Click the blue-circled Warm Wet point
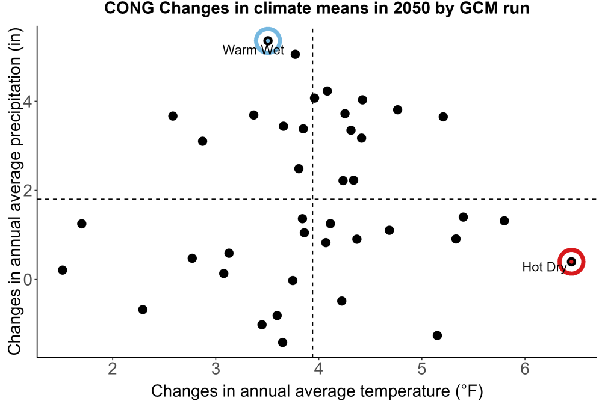point(268,41)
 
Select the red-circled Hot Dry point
point(571,262)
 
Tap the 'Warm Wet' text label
point(253,50)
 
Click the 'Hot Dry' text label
point(544,267)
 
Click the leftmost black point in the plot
point(63,270)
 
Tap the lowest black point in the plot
point(282,342)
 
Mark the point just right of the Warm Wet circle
point(295,54)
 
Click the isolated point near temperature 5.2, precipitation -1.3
point(437,335)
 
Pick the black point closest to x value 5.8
point(504,221)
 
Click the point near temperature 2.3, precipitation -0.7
point(143,310)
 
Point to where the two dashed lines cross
point(312,199)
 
